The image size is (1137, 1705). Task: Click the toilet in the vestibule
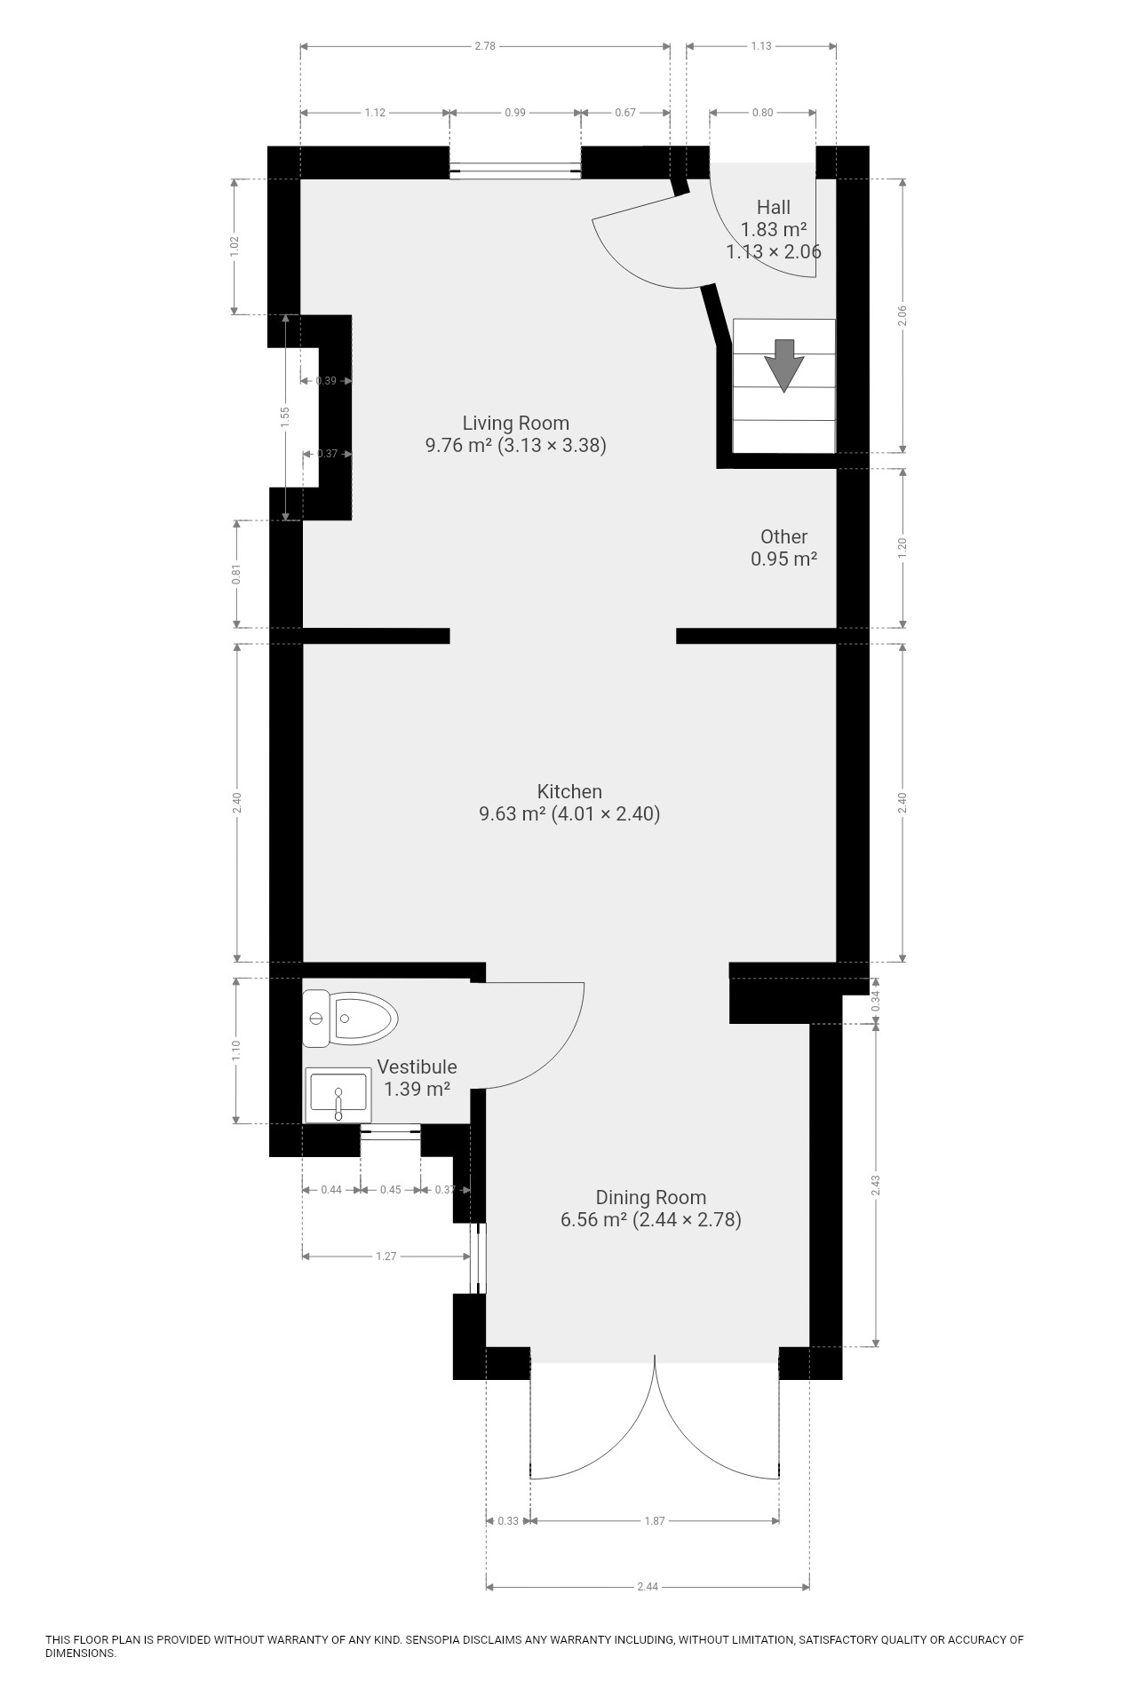pos(350,1018)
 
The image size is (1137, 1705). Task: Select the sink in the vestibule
pos(338,1095)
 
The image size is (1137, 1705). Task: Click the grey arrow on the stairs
pos(784,364)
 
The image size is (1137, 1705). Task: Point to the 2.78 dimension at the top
pos(485,45)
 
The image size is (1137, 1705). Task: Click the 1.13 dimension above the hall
pos(761,45)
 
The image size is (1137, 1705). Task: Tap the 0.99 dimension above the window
pos(515,113)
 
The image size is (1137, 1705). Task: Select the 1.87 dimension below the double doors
pos(655,1521)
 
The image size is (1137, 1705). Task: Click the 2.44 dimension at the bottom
pos(648,1587)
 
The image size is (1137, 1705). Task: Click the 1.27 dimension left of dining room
pos(386,1257)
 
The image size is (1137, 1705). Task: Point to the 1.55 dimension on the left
pos(285,417)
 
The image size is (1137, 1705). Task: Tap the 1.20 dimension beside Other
pos(902,548)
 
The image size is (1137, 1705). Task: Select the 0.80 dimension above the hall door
pos(762,113)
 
